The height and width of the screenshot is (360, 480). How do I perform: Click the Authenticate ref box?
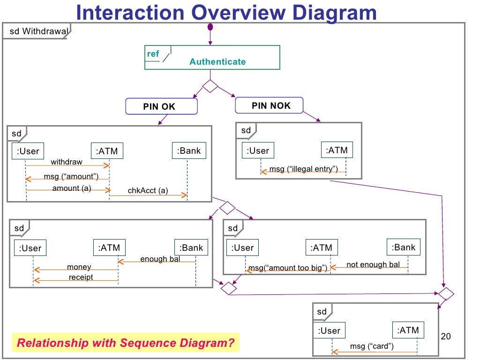click(212, 58)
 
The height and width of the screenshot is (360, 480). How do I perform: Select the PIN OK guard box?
click(161, 106)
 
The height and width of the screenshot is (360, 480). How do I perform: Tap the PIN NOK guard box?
click(269, 105)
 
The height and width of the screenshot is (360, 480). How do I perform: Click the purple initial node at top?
click(210, 26)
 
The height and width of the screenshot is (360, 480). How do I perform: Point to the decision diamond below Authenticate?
click(210, 87)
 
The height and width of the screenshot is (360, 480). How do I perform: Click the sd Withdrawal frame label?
click(37, 32)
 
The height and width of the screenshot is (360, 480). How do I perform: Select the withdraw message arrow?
click(67, 165)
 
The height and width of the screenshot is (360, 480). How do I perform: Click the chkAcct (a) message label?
click(148, 190)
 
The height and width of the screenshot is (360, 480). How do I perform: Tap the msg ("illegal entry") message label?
click(303, 169)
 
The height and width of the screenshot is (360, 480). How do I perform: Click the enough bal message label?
click(160, 259)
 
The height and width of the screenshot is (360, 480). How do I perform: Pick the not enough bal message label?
click(373, 264)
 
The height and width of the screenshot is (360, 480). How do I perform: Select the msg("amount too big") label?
click(287, 268)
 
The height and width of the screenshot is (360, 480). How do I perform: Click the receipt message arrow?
click(75, 280)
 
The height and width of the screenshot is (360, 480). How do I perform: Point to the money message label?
click(79, 267)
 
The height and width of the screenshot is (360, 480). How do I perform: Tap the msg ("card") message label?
click(372, 346)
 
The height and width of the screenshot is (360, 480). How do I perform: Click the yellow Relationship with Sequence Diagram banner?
click(125, 343)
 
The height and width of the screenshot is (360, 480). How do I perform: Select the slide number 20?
click(446, 337)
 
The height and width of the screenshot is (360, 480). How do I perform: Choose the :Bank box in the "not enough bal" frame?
click(404, 247)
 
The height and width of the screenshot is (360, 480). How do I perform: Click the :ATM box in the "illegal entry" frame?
click(337, 150)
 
